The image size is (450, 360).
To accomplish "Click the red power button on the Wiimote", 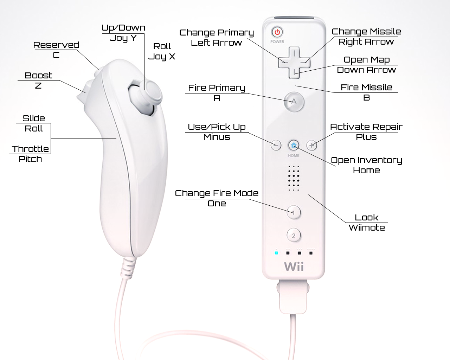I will pos(277,32).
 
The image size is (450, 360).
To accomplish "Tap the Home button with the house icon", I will pos(294,145).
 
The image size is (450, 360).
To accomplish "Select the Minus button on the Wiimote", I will pos(276,145).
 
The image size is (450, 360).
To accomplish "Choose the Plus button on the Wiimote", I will pos(311,145).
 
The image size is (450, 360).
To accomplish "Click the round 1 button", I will pos(294,212).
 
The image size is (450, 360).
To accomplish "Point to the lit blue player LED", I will pos(276,253).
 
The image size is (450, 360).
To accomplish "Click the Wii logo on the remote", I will pos(294,266).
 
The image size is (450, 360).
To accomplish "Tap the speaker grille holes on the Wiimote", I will pos(294,178).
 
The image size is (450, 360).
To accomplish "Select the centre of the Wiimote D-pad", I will pos(294,63).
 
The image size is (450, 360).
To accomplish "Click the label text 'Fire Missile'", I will pos(366,87).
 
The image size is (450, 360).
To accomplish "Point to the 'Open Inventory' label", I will pos(366,160).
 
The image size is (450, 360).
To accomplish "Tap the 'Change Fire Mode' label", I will pos(217,193).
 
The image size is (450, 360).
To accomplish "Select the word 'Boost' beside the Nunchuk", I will pos(38,75).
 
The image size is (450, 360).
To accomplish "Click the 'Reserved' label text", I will pos(56,45).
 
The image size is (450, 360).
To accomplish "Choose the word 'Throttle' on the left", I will pos(30,149).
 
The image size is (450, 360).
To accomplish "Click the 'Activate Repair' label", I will pos(366,127).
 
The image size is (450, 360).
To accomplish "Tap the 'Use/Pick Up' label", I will pos(217,127).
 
